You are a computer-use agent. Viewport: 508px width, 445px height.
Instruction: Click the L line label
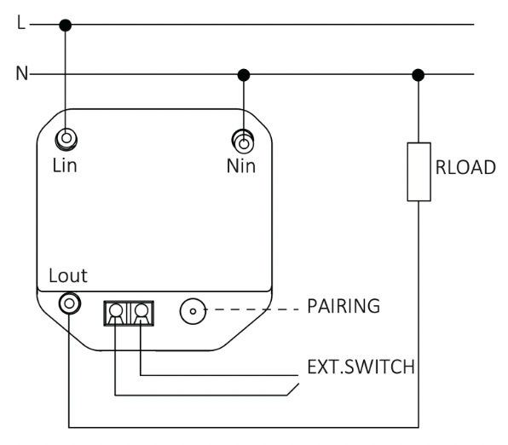[x=21, y=23]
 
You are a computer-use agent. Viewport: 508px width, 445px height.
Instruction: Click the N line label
[x=22, y=73]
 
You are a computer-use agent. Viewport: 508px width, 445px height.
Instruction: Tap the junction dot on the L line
[x=66, y=25]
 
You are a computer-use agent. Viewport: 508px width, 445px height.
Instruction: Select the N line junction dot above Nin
[x=244, y=75]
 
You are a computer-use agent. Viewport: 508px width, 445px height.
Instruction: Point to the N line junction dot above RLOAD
[x=419, y=75]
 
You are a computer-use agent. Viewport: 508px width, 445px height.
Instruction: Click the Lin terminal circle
[x=66, y=139]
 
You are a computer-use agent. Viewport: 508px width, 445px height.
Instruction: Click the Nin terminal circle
[x=243, y=142]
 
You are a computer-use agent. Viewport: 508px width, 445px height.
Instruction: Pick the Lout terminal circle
[x=70, y=303]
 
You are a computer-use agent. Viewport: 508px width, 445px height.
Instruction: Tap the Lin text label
[x=65, y=165]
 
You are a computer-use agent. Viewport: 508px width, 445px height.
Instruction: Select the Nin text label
[x=241, y=166]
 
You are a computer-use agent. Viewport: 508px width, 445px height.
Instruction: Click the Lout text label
[x=68, y=276]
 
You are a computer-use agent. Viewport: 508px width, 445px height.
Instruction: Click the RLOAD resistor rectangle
[x=419, y=172]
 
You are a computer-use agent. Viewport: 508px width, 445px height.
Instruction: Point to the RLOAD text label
[x=465, y=168]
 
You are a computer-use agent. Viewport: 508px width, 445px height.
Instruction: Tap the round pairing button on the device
[x=193, y=311]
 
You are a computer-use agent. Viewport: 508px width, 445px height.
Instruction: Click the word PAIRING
[x=343, y=306]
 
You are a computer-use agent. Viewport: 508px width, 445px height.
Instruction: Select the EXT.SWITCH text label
[x=361, y=367]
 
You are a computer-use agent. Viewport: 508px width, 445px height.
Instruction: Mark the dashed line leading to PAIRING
[x=252, y=309]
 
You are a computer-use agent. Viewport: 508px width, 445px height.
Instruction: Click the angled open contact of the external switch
[x=293, y=390]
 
